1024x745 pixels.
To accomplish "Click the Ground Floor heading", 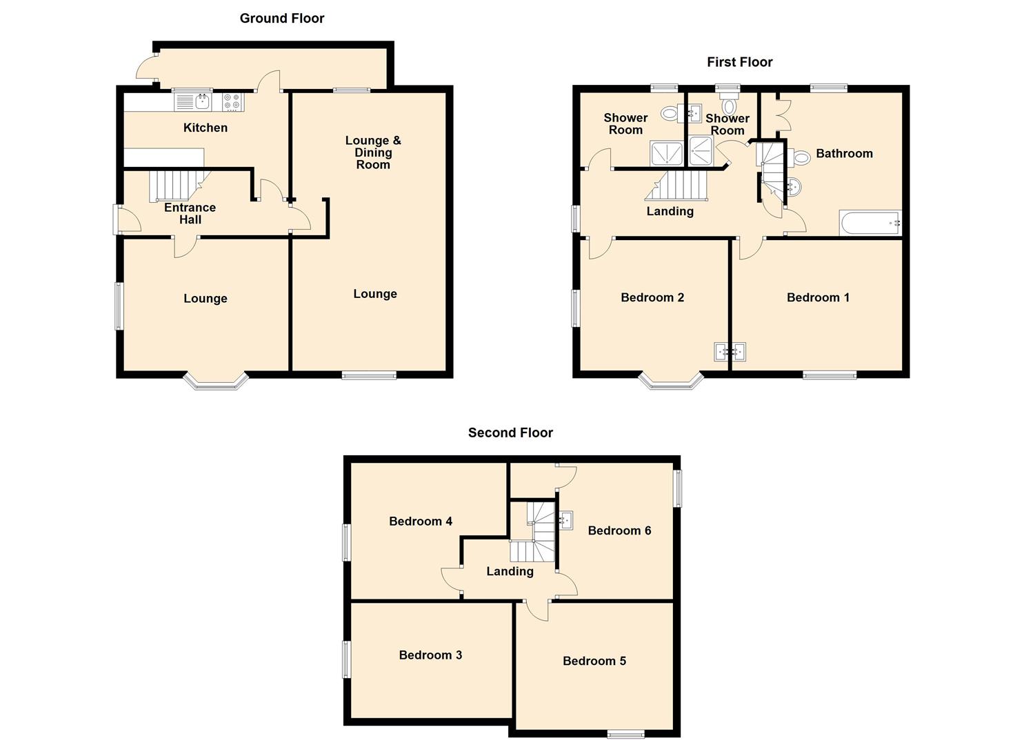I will click(281, 19).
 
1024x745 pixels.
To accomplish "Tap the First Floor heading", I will click(739, 62).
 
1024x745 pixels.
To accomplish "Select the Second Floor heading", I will click(510, 433).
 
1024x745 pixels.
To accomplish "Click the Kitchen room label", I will click(205, 128).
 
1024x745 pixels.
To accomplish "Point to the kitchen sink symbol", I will click(203, 102).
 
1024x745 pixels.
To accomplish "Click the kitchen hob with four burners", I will click(232, 102).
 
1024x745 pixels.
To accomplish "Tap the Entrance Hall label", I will click(190, 213).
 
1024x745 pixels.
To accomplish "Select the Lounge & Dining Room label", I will click(372, 152).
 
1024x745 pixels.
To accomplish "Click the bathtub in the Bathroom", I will click(870, 223).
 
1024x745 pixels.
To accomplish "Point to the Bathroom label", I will click(844, 153).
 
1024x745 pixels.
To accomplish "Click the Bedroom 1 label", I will click(818, 297).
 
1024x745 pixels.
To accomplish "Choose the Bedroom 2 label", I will click(652, 297).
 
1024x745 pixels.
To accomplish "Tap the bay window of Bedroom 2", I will click(672, 383).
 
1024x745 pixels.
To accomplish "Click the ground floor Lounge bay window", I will click(215, 383).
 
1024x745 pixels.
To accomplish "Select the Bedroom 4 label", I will click(421, 521).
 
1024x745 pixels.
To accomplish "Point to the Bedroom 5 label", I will click(594, 661).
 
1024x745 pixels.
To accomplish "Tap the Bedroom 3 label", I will click(430, 655).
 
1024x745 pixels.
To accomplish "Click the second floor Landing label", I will click(510, 571).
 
